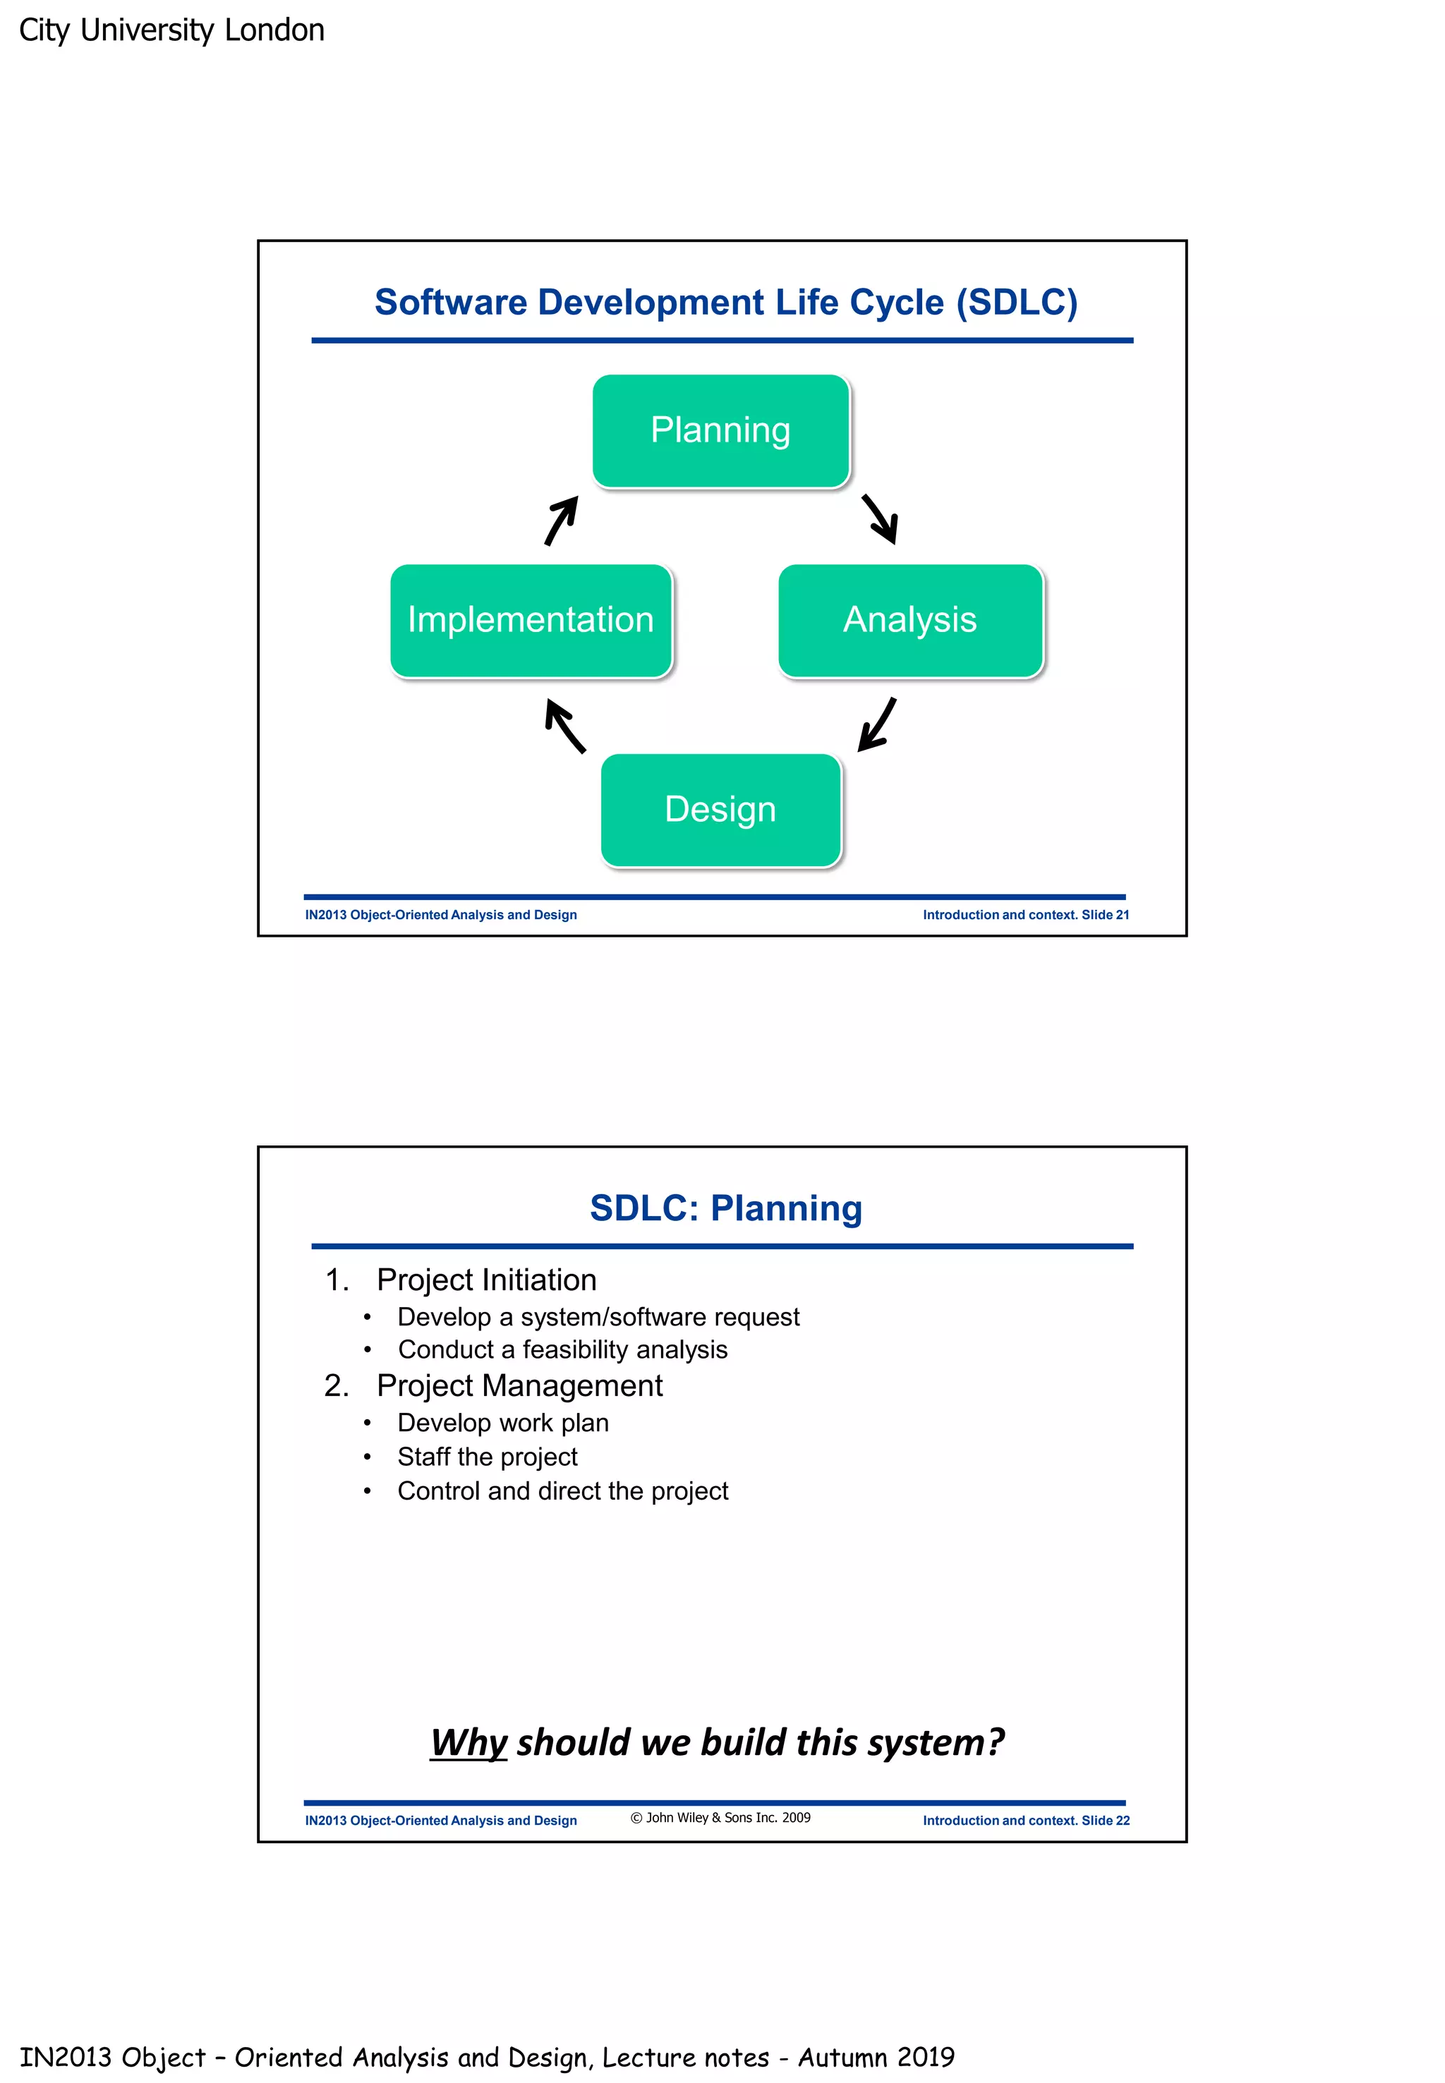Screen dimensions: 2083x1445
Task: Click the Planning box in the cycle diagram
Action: pyautogui.click(x=720, y=431)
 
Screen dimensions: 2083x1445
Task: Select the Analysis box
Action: pyautogui.click(x=910, y=620)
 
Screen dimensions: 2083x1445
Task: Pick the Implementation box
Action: pyautogui.click(x=531, y=620)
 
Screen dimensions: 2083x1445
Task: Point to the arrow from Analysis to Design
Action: pyautogui.click(x=876, y=725)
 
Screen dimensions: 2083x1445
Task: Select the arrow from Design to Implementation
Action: pyautogui.click(x=565, y=726)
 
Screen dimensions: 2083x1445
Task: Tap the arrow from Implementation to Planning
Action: pyautogui.click(x=562, y=521)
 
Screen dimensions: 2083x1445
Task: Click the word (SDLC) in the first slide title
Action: pyautogui.click(x=1017, y=303)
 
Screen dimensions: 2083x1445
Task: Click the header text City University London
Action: pyautogui.click(x=171, y=30)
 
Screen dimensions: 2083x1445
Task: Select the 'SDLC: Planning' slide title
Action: pyautogui.click(x=725, y=1208)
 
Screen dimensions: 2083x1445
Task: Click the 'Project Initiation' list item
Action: pyautogui.click(x=486, y=1280)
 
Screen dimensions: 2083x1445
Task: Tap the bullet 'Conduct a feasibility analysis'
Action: pyautogui.click(x=562, y=1349)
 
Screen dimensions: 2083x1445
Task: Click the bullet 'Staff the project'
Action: pyautogui.click(x=487, y=1457)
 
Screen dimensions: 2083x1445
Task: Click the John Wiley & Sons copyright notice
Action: pyautogui.click(x=720, y=1818)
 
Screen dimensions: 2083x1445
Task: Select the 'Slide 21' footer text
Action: pyautogui.click(x=1105, y=915)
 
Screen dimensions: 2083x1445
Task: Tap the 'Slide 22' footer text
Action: pyautogui.click(x=1105, y=1821)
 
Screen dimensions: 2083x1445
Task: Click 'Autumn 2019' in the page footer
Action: pyautogui.click(x=876, y=2058)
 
